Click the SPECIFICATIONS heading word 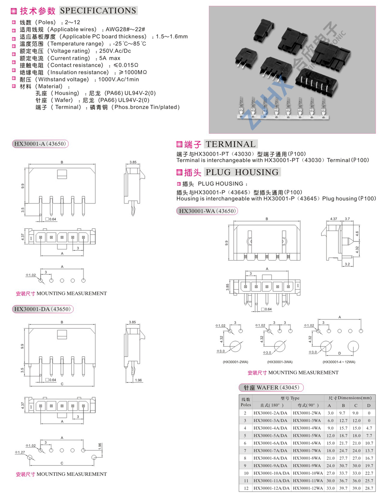pyautogui.click(x=98, y=11)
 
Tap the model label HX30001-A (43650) pyautogui.click(x=40, y=144)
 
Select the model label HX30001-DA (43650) pyautogui.click(x=42, y=309)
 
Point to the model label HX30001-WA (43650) pyautogui.click(x=208, y=211)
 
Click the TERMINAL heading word pyautogui.click(x=231, y=144)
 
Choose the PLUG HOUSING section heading pyautogui.click(x=242, y=172)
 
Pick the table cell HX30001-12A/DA pyautogui.click(x=271, y=488)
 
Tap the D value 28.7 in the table pyautogui.click(x=369, y=488)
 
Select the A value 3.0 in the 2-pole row pyautogui.click(x=330, y=413)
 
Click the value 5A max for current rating pyautogui.click(x=110, y=58)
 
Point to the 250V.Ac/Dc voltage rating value pyautogui.click(x=115, y=51)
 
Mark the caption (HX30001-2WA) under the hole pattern pyautogui.click(x=235, y=362)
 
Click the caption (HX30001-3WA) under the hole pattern pyautogui.click(x=280, y=362)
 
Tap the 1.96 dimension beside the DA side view pyautogui.click(x=138, y=380)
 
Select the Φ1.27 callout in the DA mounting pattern pyautogui.click(x=19, y=452)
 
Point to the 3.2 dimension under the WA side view pyautogui.click(x=347, y=264)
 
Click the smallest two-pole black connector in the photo pyautogui.click(x=263, y=30)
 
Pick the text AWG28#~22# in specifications pyautogui.click(x=125, y=29)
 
